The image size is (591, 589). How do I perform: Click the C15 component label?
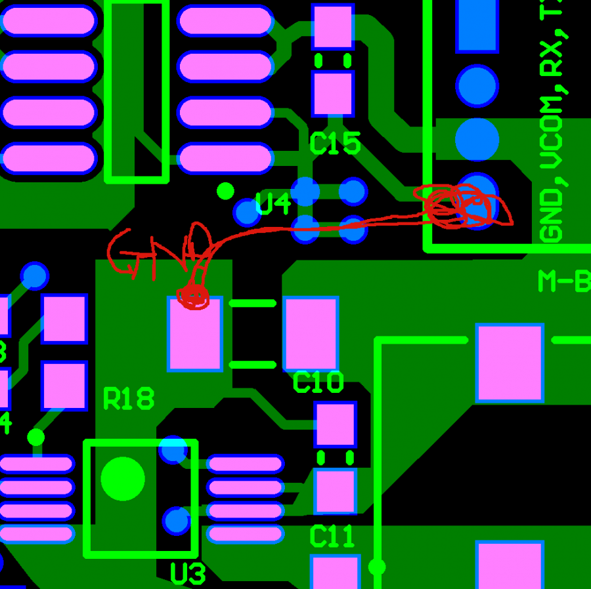point(335,144)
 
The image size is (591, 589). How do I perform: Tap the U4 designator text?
point(273,205)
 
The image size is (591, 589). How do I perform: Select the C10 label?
point(318,382)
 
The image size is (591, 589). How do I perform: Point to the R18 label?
point(129,398)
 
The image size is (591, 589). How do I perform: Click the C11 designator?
point(332,537)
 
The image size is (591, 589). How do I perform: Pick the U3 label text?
point(188,574)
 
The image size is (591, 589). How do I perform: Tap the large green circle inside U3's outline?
point(123,478)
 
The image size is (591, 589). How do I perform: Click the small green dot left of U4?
point(225,191)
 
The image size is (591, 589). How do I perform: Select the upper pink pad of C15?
point(333,26)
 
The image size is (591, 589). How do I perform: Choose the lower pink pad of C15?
point(333,94)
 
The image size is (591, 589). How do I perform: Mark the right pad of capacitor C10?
point(311,334)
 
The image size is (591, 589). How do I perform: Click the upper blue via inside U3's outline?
point(173,449)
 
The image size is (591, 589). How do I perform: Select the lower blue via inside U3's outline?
point(176,520)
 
